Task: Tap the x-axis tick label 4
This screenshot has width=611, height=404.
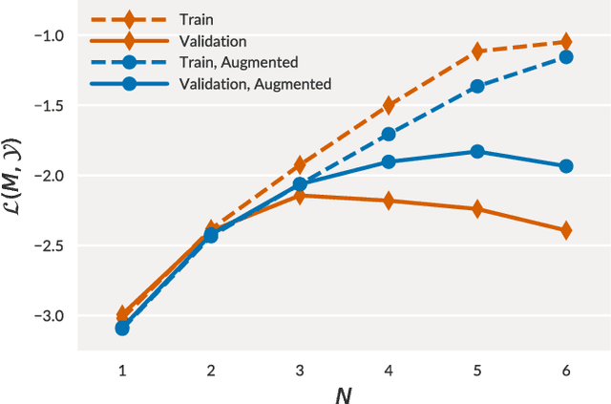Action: pyautogui.click(x=389, y=370)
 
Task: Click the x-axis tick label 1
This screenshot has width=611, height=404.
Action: pyautogui.click(x=122, y=370)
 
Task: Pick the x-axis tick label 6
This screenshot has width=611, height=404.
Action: pyautogui.click(x=565, y=370)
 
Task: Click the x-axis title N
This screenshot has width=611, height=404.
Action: pyautogui.click(x=344, y=392)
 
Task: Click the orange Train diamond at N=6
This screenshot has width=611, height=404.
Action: pyautogui.click(x=565, y=42)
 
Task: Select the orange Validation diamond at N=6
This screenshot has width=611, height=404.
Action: pyautogui.click(x=565, y=230)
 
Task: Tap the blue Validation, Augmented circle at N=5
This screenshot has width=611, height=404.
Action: pyautogui.click(x=476, y=152)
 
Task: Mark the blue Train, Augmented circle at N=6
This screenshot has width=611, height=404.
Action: pyautogui.click(x=565, y=57)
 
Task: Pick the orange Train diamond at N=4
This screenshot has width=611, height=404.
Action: pyautogui.click(x=389, y=105)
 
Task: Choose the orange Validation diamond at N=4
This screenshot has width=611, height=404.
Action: pyautogui.click(x=389, y=201)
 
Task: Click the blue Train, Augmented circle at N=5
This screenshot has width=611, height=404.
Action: pyautogui.click(x=476, y=86)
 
